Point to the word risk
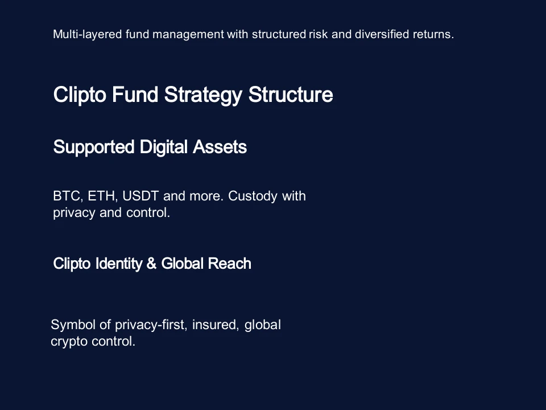point(318,34)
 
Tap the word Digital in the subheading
point(163,147)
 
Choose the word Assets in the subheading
point(220,147)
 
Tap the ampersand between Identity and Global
point(151,264)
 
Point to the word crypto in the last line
point(68,342)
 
